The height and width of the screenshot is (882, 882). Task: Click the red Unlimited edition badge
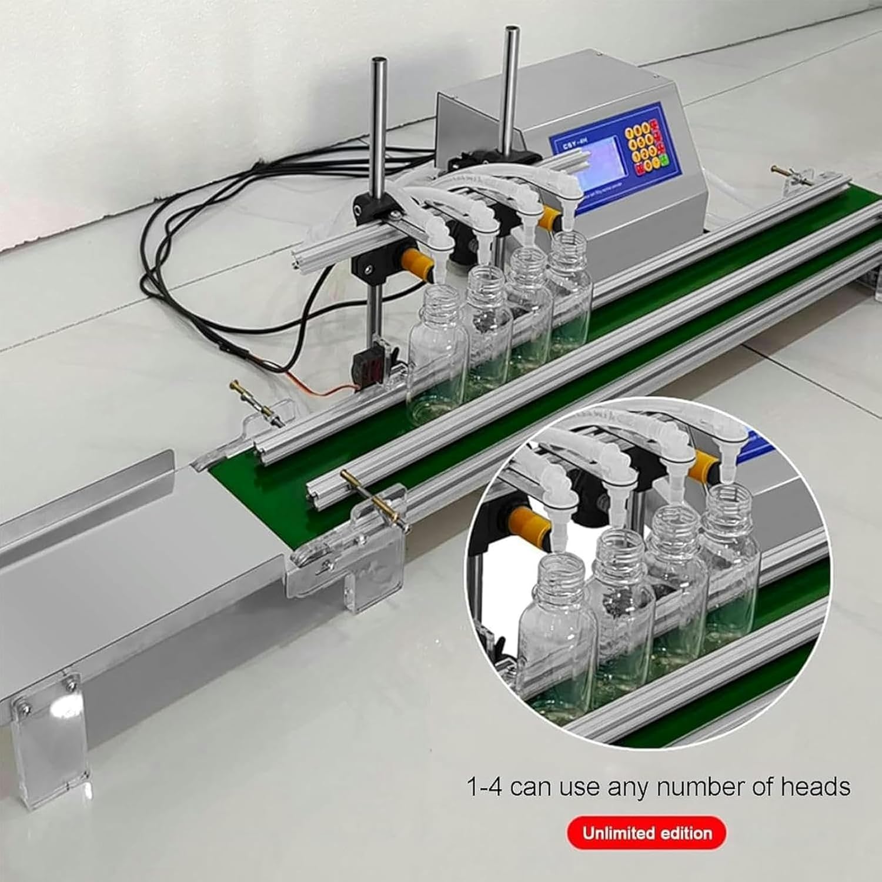click(646, 833)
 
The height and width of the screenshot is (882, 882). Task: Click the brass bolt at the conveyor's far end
click(788, 172)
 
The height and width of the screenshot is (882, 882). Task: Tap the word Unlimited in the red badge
click(617, 833)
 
